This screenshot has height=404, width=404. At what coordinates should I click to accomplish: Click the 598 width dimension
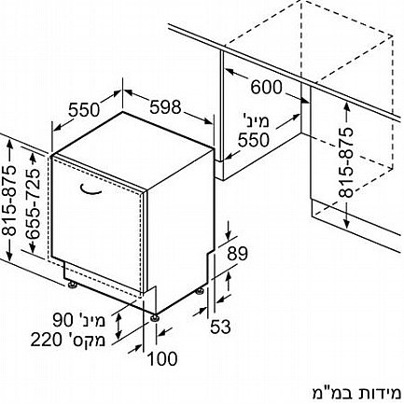[165, 107]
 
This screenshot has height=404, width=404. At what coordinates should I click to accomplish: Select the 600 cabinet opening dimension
[266, 87]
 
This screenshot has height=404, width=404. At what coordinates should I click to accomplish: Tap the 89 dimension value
[237, 254]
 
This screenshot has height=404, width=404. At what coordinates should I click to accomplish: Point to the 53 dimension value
[220, 327]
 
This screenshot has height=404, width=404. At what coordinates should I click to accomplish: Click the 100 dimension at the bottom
[162, 358]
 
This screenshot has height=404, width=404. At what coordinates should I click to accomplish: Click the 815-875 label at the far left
[8, 202]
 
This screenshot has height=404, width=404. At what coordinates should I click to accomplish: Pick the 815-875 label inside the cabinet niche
[346, 162]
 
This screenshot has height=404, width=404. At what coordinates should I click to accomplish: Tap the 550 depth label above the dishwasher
[84, 109]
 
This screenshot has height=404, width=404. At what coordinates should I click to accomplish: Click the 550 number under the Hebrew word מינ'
[253, 140]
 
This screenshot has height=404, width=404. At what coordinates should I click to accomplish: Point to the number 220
[46, 340]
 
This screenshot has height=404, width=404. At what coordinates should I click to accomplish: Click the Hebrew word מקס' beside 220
[84, 340]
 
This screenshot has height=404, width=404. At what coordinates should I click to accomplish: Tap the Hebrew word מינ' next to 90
[91, 320]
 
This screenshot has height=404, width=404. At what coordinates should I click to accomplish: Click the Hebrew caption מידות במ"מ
[356, 393]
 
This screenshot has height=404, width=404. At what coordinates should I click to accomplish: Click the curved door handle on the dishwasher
[91, 191]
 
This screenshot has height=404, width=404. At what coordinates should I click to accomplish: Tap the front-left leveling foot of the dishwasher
[73, 285]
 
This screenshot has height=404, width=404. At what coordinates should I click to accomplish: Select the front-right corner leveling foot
[155, 318]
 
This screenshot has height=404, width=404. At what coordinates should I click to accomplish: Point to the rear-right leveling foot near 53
[199, 292]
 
